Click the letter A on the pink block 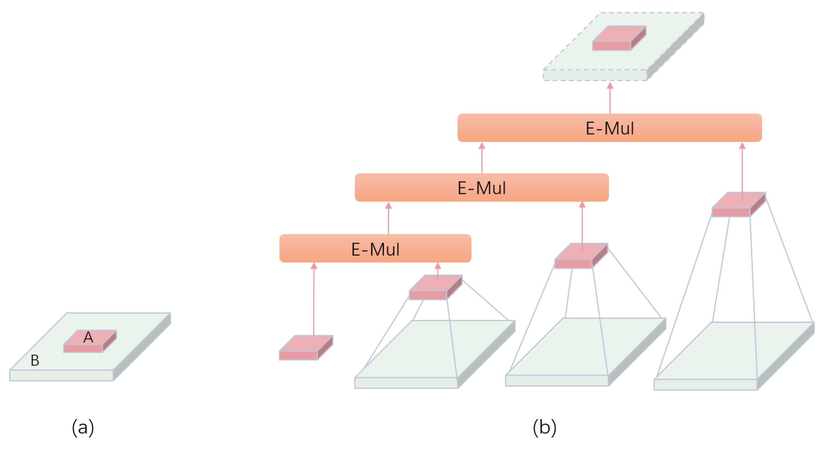[x=88, y=337]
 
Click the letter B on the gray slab [x=35, y=360]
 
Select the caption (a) [x=83, y=427]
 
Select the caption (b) [x=544, y=427]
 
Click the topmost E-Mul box [x=609, y=128]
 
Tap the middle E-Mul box [x=481, y=188]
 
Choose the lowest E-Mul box [x=375, y=249]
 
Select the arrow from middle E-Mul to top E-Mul [x=482, y=158]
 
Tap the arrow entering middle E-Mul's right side [x=582, y=224]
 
